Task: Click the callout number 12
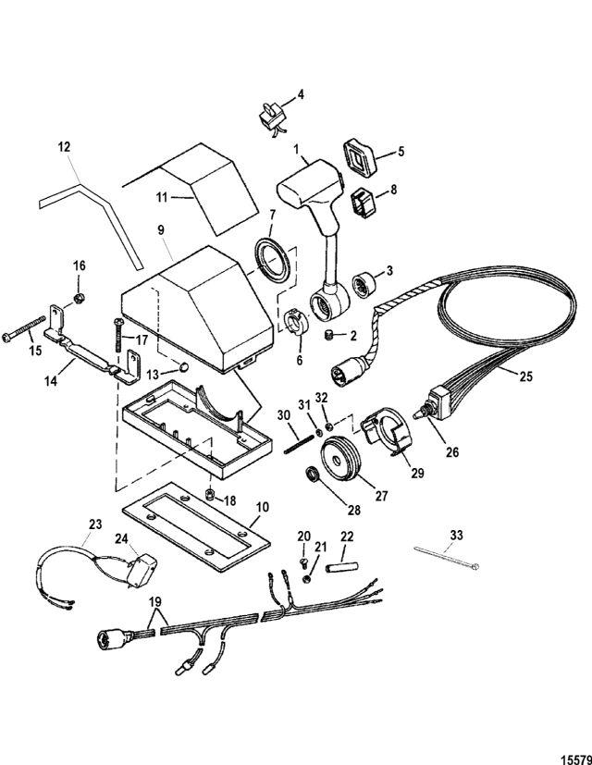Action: click(63, 146)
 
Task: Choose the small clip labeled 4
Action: click(272, 118)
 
